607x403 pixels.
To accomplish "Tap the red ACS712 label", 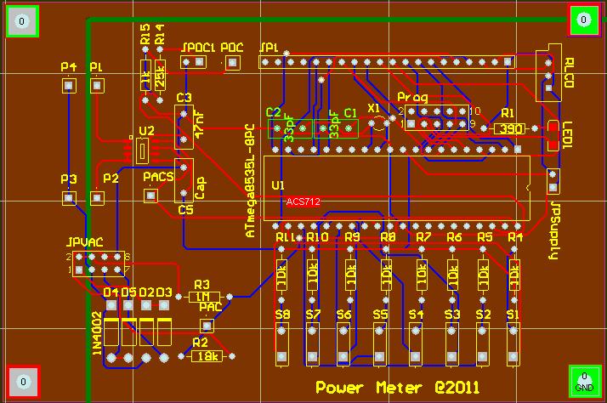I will (303, 202).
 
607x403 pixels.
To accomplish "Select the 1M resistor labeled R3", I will (203, 297).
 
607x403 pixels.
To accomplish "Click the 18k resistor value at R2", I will (207, 356).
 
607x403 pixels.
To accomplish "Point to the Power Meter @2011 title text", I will (398, 388).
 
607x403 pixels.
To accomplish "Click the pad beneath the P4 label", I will (69, 85).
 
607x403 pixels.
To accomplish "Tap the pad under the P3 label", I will (69, 198).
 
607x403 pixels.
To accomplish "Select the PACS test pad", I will (151, 196).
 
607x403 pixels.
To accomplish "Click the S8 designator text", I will (282, 315).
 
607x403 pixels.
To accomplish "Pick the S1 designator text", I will (513, 315).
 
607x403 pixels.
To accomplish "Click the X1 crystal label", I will (374, 108).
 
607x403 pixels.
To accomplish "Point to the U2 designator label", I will (145, 131).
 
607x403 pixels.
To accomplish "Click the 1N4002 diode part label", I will (98, 335).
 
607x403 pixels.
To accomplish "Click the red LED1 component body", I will (553, 138).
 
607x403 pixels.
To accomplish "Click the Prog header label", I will (414, 97).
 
